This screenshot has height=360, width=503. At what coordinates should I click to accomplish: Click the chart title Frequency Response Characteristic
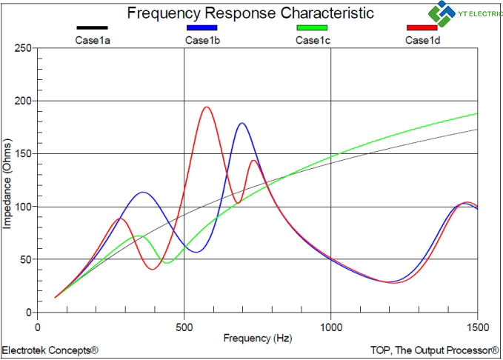click(x=250, y=13)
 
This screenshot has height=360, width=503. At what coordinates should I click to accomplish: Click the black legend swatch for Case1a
click(x=92, y=28)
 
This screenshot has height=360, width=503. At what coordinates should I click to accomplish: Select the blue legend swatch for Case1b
click(x=202, y=28)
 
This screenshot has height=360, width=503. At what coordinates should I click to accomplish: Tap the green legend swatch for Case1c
click(x=312, y=28)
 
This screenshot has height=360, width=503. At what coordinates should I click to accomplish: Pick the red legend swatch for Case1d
click(x=422, y=28)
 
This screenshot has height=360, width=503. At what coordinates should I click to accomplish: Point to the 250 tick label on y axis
click(x=23, y=48)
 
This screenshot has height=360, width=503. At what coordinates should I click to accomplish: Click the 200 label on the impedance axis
click(x=23, y=101)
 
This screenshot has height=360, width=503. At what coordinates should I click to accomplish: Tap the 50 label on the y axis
click(x=26, y=259)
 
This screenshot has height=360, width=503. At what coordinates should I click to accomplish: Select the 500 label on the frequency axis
click(x=184, y=327)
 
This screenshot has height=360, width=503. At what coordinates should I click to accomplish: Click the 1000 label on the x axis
click(x=330, y=327)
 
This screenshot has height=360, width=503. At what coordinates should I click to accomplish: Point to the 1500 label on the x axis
click(x=477, y=327)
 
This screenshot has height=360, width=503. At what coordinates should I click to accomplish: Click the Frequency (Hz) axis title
click(x=258, y=339)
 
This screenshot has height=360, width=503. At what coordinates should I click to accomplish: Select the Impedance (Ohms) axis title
click(x=7, y=184)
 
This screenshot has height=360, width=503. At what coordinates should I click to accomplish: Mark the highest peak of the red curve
click(x=207, y=107)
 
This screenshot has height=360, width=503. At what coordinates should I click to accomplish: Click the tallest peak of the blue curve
click(x=241, y=123)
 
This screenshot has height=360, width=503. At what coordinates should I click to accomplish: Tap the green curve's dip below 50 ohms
click(x=167, y=263)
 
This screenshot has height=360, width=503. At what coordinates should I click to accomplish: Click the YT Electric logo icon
click(x=442, y=13)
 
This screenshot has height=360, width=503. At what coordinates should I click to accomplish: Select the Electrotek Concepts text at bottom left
click(x=50, y=350)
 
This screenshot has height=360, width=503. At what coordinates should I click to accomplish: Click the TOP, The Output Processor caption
click(x=435, y=350)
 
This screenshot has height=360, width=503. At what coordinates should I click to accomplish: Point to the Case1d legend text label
click(x=422, y=41)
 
